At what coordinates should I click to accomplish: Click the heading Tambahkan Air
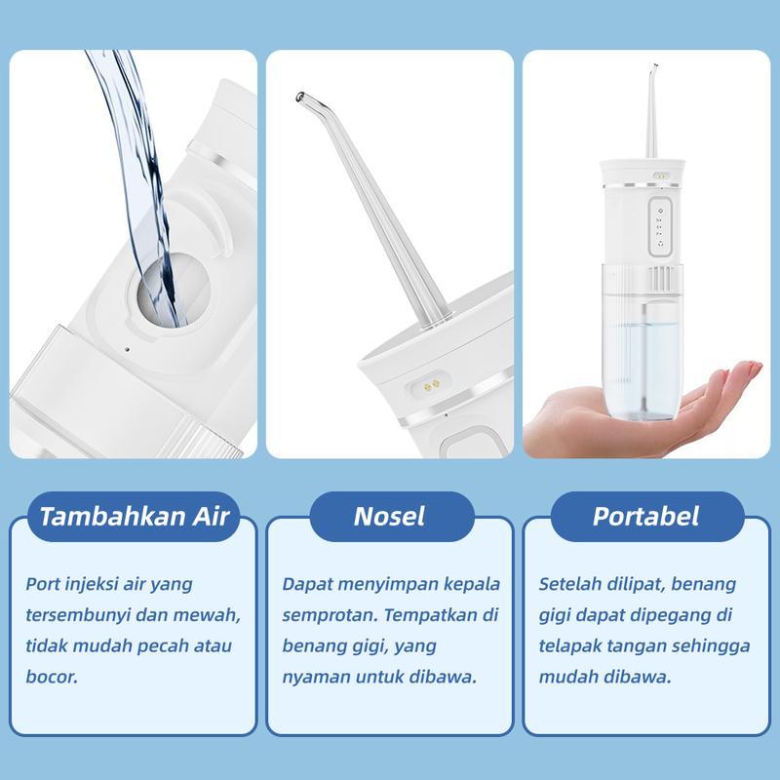pyautogui.click(x=134, y=517)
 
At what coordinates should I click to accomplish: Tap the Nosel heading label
pyautogui.click(x=389, y=517)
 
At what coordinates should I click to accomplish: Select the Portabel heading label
pyautogui.click(x=645, y=517)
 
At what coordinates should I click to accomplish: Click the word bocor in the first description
pyautogui.click(x=52, y=677)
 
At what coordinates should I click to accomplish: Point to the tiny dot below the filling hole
pyautogui.click(x=127, y=349)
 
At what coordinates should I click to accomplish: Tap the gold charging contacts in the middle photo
pyautogui.click(x=431, y=384)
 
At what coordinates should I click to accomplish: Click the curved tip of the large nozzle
pyautogui.click(x=301, y=97)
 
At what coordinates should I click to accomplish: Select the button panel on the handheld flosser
pyautogui.click(x=661, y=226)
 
